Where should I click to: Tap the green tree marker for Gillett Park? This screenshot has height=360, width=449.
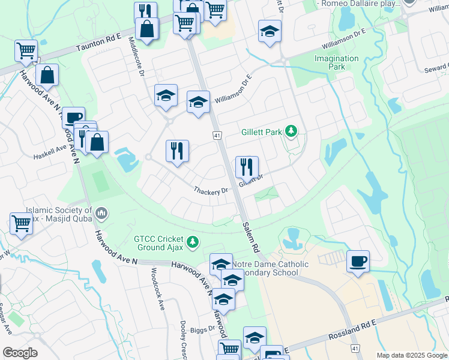(291, 131)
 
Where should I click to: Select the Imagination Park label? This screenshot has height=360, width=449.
(337, 62)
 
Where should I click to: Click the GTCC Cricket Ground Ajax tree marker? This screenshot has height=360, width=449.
(192, 242)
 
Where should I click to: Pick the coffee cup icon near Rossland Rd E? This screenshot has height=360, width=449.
(358, 261)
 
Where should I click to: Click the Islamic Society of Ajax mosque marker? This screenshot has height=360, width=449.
(101, 212)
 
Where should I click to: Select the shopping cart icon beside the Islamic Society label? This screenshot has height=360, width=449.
(22, 224)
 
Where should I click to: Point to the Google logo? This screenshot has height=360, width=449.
(20, 352)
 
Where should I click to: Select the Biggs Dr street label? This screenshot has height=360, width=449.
(203, 329)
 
